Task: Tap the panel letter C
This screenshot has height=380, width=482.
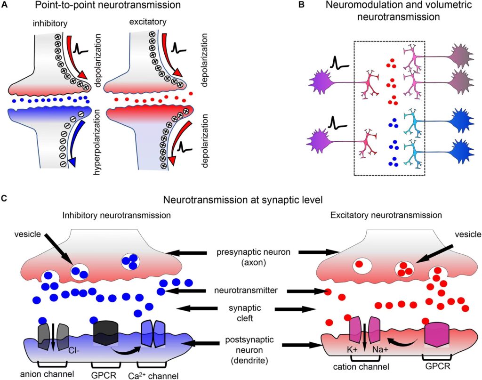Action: tap(4, 198)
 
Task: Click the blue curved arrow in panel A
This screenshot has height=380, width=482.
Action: tap(80, 141)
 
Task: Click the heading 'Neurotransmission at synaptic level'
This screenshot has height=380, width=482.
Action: tap(241, 200)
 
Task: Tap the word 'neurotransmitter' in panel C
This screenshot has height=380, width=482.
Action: tap(248, 291)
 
